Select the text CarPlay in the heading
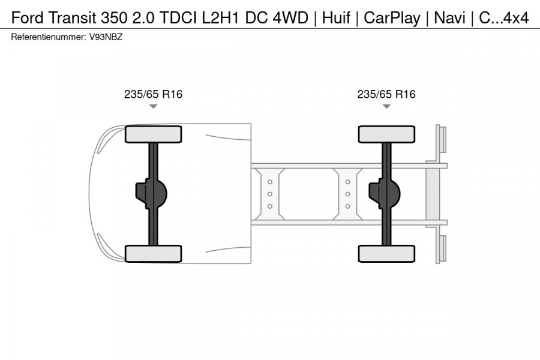tap(392, 17)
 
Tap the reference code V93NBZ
tap(107, 37)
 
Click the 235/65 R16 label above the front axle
tap(153, 94)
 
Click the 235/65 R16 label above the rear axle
tap(386, 94)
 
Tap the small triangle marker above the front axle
tap(153, 106)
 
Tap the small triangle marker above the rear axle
tap(386, 106)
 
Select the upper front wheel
tap(153, 134)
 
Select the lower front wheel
tap(153, 253)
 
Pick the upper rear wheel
tap(386, 134)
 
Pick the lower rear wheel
tap(386, 253)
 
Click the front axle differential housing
tap(150, 194)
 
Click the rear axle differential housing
tap(383, 194)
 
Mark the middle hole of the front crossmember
tap(270, 194)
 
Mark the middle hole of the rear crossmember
tap(347, 194)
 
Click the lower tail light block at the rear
tap(442, 249)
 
